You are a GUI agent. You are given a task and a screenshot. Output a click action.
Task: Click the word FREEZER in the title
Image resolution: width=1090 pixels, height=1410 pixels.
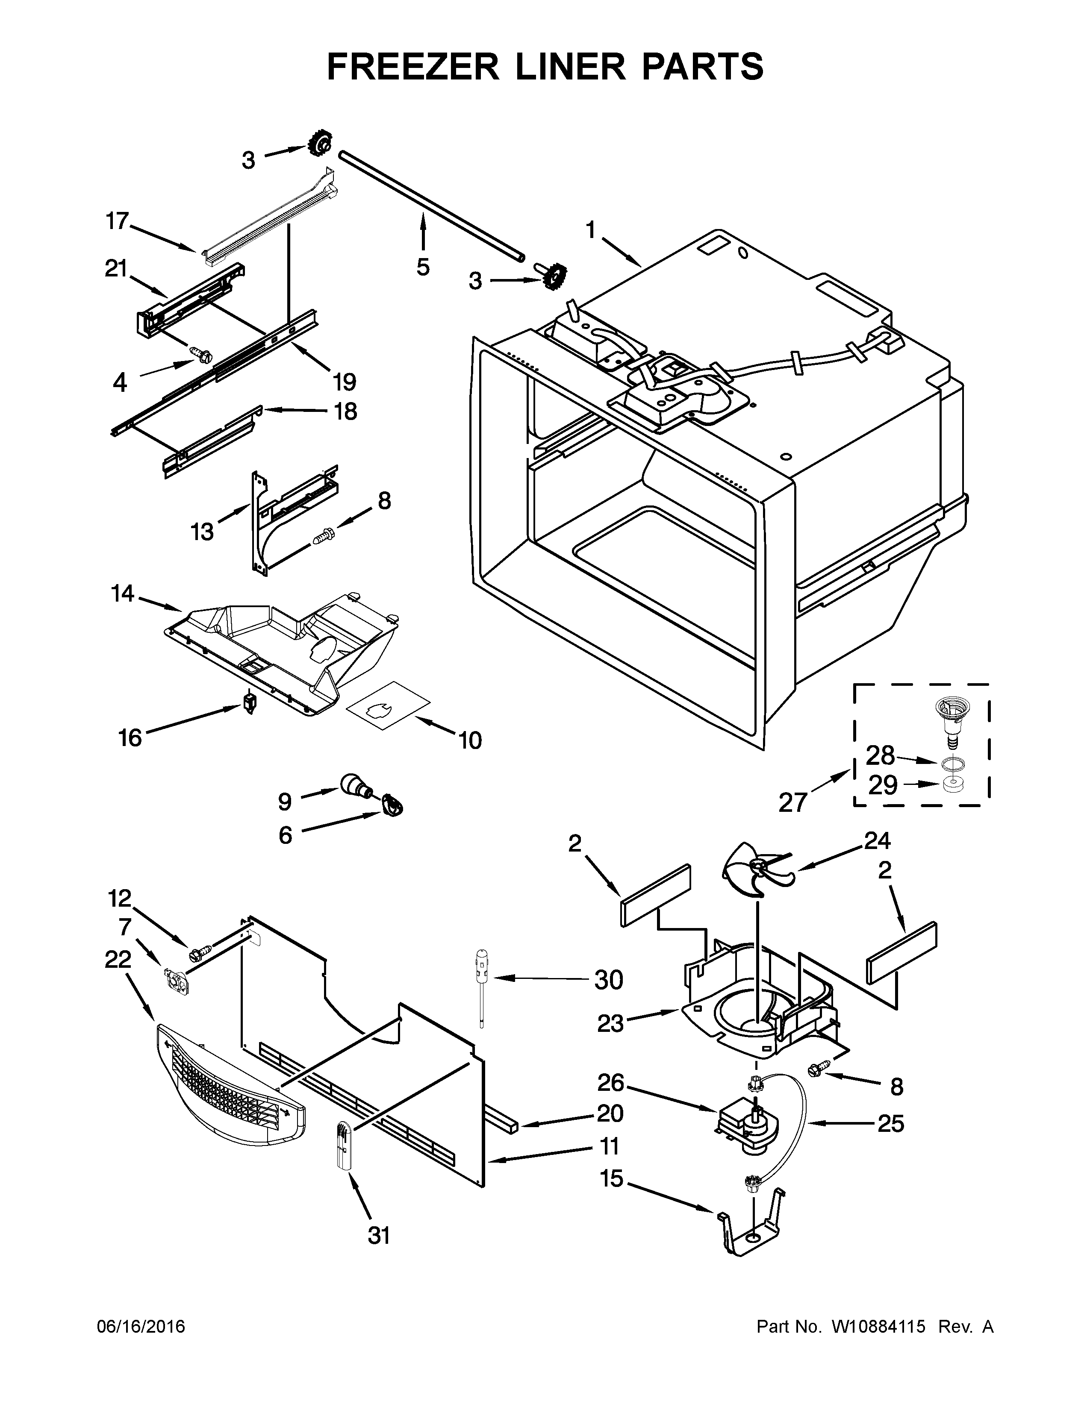413,67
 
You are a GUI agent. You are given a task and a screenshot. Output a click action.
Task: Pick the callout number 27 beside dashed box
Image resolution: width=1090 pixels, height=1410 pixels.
793,801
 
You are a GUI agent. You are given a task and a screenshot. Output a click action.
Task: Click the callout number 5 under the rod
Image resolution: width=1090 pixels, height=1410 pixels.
423,267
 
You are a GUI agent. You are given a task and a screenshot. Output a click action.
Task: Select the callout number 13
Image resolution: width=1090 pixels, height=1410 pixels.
202,532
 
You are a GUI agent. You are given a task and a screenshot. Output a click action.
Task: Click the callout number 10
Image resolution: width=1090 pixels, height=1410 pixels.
471,740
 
